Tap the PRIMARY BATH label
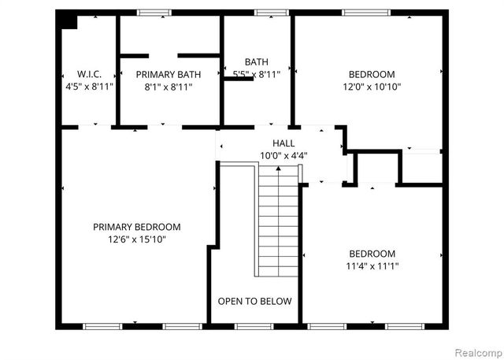pos(168,75)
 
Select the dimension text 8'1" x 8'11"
pos(168,87)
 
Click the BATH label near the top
pos(257,61)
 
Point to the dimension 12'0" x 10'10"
pos(372,87)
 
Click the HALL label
pos(283,143)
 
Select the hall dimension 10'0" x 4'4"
pos(283,155)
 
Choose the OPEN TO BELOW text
pos(254,301)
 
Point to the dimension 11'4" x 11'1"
pos(372,266)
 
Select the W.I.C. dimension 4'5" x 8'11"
pos(91,87)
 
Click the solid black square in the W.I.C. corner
pos(69,21)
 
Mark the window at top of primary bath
pos(154,12)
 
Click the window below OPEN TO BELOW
pos(254,325)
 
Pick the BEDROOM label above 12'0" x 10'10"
pos(372,75)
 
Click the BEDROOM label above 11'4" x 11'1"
pos(372,254)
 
